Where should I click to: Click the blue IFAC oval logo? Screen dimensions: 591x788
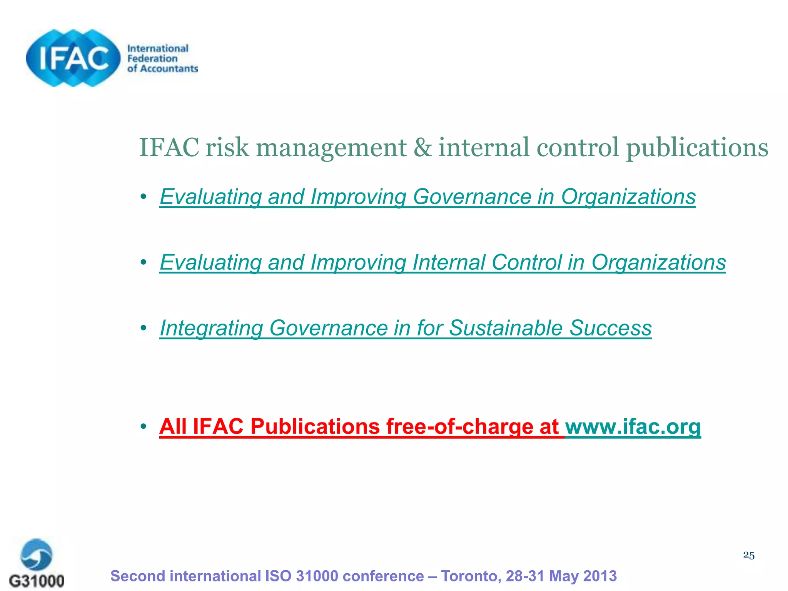click(73, 58)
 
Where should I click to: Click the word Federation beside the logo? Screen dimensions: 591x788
click(152, 59)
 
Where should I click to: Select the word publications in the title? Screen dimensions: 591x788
click(697, 148)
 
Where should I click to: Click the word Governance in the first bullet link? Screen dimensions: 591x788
click(472, 197)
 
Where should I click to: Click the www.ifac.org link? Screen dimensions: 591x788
click(633, 427)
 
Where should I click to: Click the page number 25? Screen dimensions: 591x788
click(748, 555)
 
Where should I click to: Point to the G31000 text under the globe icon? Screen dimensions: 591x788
click(37, 580)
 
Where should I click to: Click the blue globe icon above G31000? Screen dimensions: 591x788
click(37, 554)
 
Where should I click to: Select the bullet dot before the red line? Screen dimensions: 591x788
click(144, 426)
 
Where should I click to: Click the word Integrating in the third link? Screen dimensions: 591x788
click(211, 328)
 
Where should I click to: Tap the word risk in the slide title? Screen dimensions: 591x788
click(227, 148)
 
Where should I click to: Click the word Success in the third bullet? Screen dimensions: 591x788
click(610, 328)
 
